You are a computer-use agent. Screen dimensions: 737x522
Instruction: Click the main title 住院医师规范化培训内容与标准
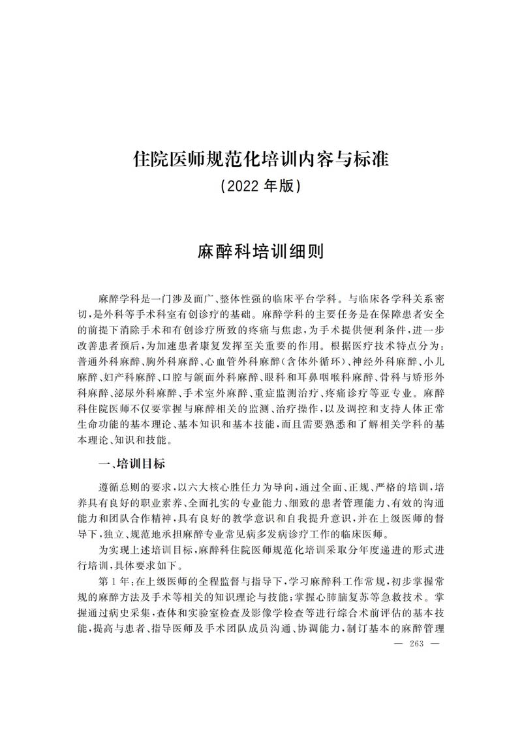(x=260, y=158)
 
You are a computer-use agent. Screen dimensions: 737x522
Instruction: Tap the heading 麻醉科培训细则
(x=260, y=252)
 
